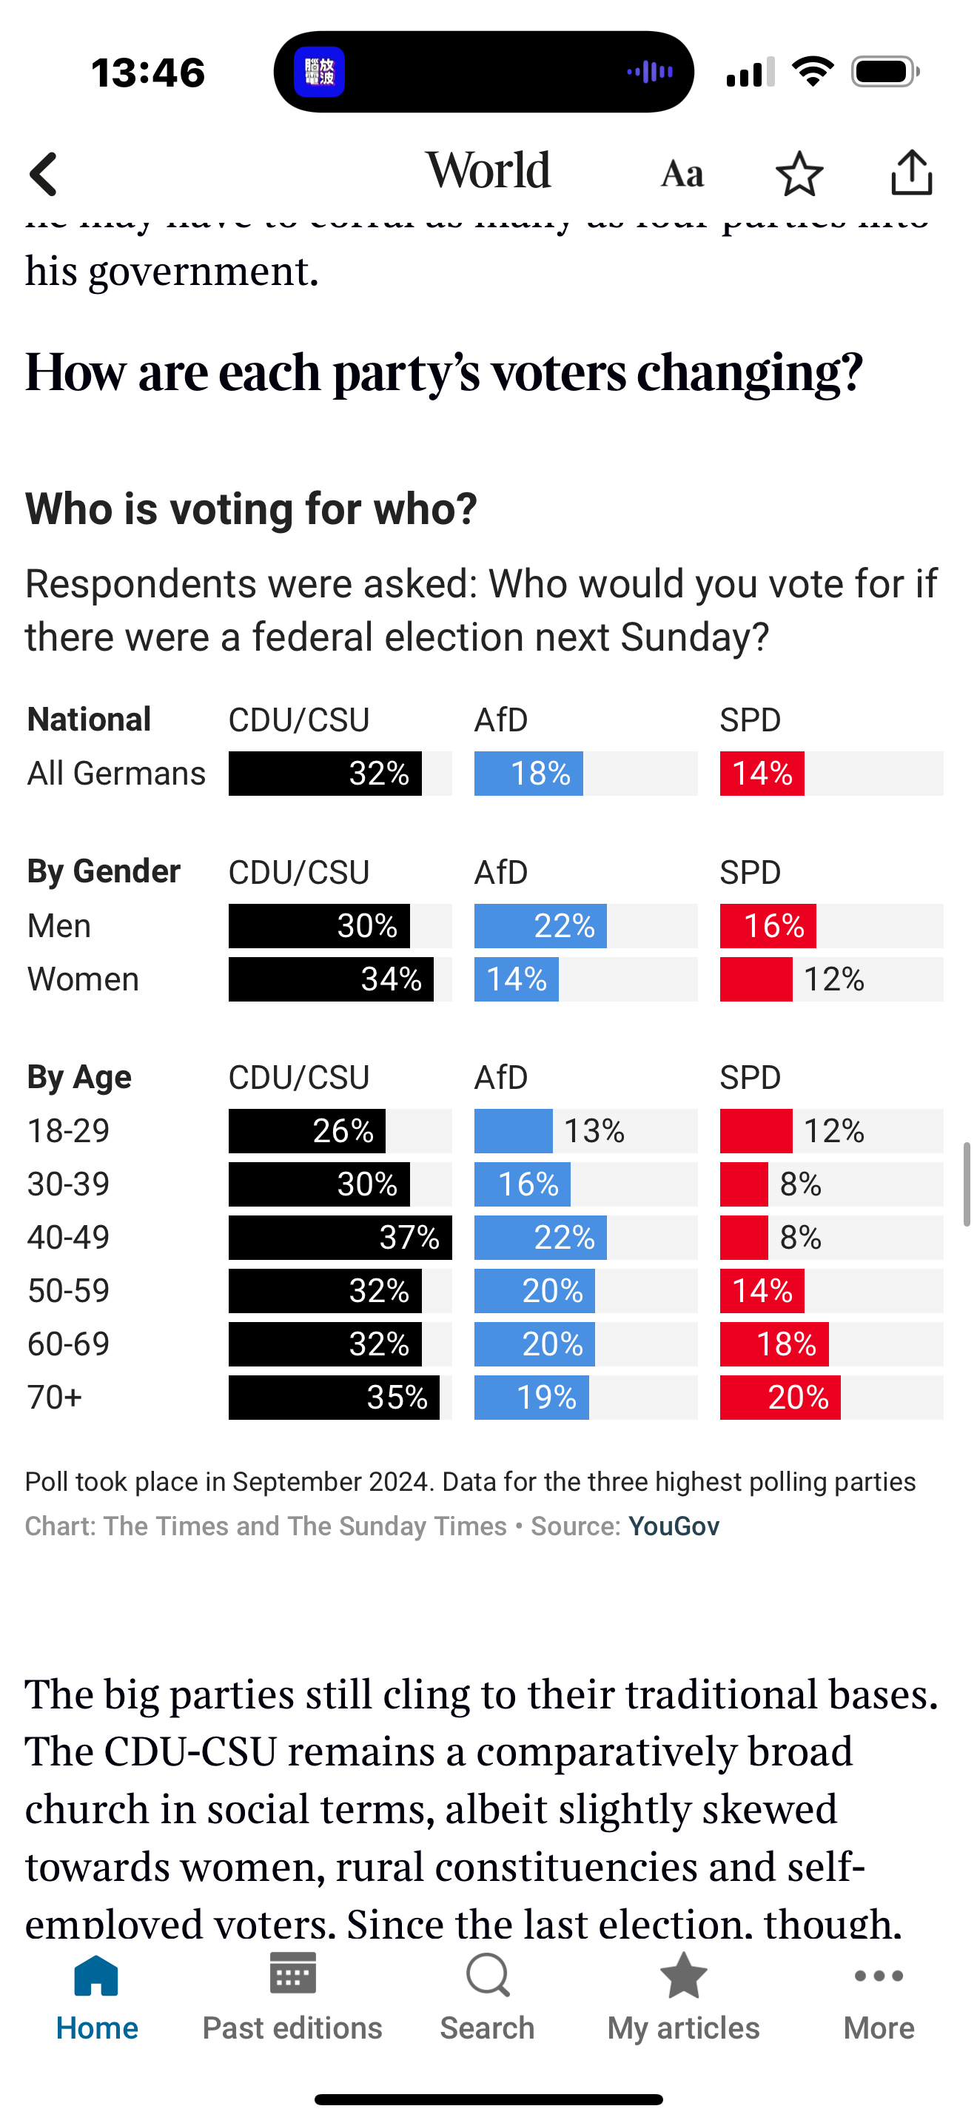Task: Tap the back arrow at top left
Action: pos(44,174)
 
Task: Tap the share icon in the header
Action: pos(911,173)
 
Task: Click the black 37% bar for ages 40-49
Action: pos(340,1237)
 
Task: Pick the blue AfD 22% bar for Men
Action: pos(540,925)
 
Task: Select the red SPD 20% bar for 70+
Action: pos(780,1397)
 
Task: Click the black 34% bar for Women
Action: pos(331,979)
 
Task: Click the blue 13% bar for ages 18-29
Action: pos(513,1131)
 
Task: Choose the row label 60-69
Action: pos(68,1344)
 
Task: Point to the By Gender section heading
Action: pos(104,871)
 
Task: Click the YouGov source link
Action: pos(673,1526)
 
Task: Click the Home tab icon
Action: pos(96,1978)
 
